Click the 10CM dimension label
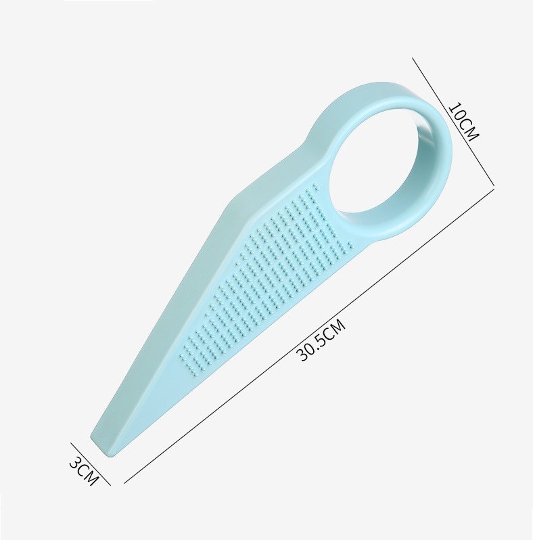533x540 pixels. point(463,121)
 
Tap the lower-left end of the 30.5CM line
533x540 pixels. point(125,483)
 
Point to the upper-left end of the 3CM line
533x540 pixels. point(70,443)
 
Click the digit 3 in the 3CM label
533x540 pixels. point(76,464)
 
